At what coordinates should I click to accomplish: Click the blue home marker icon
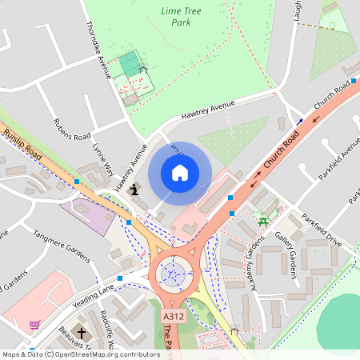[x=180, y=173]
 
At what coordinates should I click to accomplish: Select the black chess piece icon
[x=134, y=190]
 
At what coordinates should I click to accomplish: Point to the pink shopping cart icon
[x=34, y=325]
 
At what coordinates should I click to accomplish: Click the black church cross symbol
[x=81, y=332]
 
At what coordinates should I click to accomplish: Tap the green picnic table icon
[x=262, y=218]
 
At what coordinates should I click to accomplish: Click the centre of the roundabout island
[x=172, y=276]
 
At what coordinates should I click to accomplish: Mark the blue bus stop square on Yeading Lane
[x=120, y=278]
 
